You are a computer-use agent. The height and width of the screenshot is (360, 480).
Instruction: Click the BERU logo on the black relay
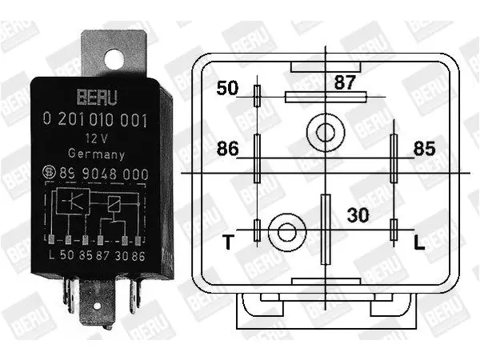point(97,97)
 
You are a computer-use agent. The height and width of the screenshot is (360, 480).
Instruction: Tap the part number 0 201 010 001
point(95,119)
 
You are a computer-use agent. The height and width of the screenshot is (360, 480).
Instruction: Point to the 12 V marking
point(97,138)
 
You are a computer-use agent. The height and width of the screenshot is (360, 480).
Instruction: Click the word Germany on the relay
point(96,154)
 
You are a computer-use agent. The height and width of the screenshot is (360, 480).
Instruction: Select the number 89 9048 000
point(104,174)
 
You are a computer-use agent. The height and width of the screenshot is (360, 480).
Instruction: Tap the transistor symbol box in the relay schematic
point(73,201)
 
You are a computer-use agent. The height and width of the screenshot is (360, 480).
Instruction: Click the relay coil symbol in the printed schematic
point(114,204)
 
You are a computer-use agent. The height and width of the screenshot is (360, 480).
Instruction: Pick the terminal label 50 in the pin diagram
point(227,88)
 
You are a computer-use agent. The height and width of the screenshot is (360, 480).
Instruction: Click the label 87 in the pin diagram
point(345,82)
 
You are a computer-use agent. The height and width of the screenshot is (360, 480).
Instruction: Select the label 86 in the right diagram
point(227,149)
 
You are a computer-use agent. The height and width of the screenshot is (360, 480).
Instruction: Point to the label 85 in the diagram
point(424,149)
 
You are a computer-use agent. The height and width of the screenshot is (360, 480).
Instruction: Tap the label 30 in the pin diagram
point(358,215)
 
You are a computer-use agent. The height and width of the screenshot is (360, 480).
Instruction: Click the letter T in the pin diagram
point(228,242)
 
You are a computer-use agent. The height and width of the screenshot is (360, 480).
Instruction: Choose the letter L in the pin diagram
point(419,242)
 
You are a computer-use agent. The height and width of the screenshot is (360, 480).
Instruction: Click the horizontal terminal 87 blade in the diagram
point(326,97)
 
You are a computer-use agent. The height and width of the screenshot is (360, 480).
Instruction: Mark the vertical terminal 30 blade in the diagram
point(326,230)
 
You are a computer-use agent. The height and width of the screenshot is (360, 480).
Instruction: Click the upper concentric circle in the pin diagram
point(326,133)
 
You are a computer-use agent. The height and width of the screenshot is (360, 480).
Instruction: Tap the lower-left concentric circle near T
point(287,232)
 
